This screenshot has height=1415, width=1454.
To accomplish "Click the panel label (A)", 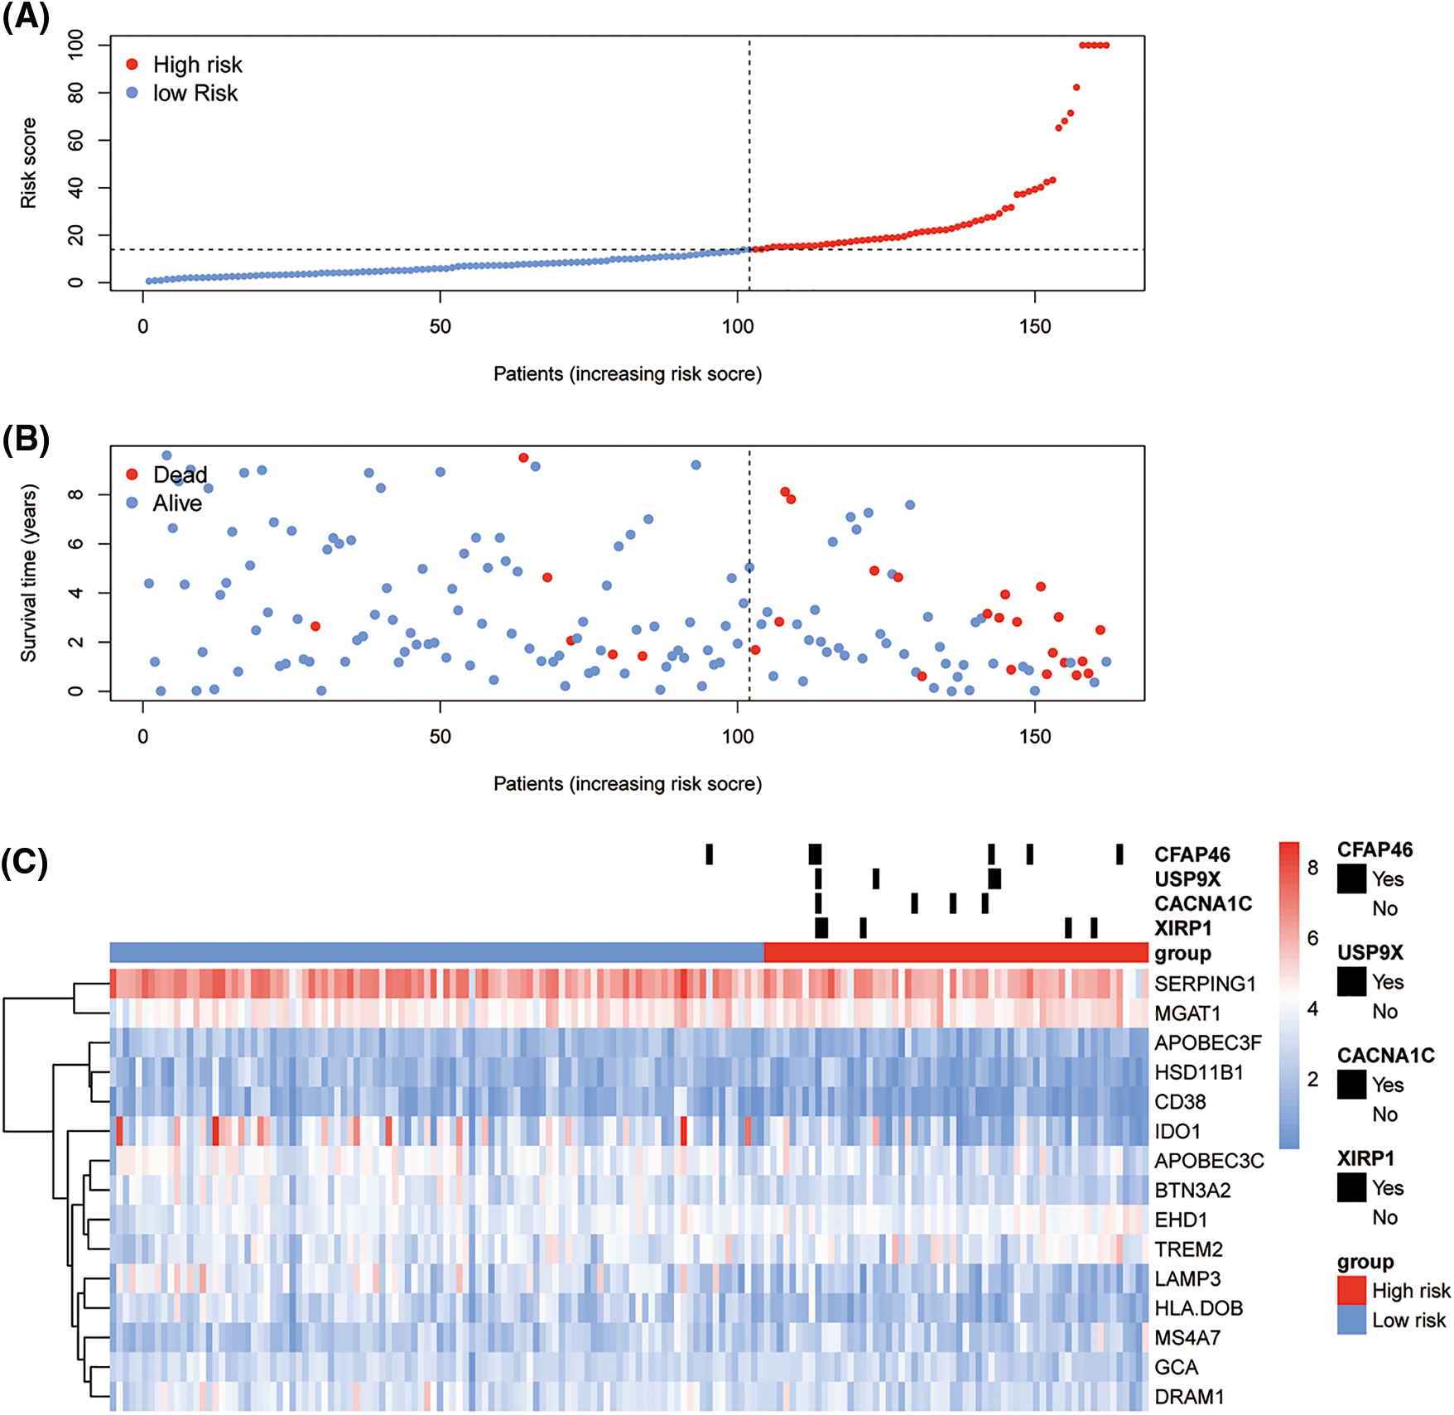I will coord(26,17).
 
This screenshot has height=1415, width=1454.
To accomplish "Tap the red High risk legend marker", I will coord(132,65).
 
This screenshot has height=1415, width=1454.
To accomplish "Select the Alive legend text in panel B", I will coord(177,503).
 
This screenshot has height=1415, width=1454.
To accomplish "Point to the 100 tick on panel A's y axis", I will coord(75,44).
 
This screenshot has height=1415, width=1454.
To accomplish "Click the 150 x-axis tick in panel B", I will coord(1034,736).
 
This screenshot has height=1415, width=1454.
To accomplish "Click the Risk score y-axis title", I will coord(29,162).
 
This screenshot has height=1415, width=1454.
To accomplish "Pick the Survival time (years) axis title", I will coord(29,573).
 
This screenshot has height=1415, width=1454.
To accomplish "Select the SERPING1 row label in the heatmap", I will coord(1205,984).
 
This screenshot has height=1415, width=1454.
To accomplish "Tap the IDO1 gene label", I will coord(1177,1131).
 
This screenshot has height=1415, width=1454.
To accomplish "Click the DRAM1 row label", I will coord(1188,1397).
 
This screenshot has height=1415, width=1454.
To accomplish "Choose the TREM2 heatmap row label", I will coord(1188,1249).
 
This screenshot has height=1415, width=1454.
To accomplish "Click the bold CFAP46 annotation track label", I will coord(1192,854).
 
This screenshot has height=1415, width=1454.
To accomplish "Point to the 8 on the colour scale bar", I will coord(1312,868).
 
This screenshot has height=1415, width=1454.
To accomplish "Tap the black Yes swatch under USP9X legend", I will coord(1351,982).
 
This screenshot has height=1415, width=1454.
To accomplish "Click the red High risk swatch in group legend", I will coord(1351,1290).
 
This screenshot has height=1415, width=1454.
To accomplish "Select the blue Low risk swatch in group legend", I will coord(1351,1320).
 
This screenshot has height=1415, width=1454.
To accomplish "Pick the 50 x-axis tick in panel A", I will coord(440,326).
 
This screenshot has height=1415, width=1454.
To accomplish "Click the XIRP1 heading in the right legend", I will coord(1365,1158).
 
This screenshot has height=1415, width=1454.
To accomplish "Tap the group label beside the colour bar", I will coord(1182,954).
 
